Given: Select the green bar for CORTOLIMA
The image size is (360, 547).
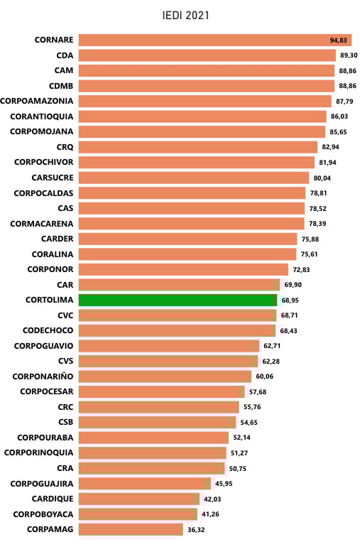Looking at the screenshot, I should click(178, 300).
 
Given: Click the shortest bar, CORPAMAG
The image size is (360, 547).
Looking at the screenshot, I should click(131, 529).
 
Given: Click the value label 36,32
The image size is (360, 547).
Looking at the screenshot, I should click(197, 529).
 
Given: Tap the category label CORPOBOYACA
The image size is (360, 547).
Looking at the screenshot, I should click(42, 514).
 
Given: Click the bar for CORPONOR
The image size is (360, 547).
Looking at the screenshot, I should click(183, 269).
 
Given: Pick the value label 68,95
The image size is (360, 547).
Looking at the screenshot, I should click(290, 300).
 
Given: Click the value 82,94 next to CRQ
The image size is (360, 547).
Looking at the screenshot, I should click(331, 147).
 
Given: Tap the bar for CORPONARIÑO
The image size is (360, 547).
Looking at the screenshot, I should click(165, 376).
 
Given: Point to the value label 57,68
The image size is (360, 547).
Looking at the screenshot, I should click(258, 391).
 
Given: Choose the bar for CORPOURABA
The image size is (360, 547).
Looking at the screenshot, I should click(153, 437).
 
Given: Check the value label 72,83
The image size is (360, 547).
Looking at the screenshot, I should click(302, 269).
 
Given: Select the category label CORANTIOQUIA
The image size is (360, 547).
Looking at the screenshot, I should click(42, 117).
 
